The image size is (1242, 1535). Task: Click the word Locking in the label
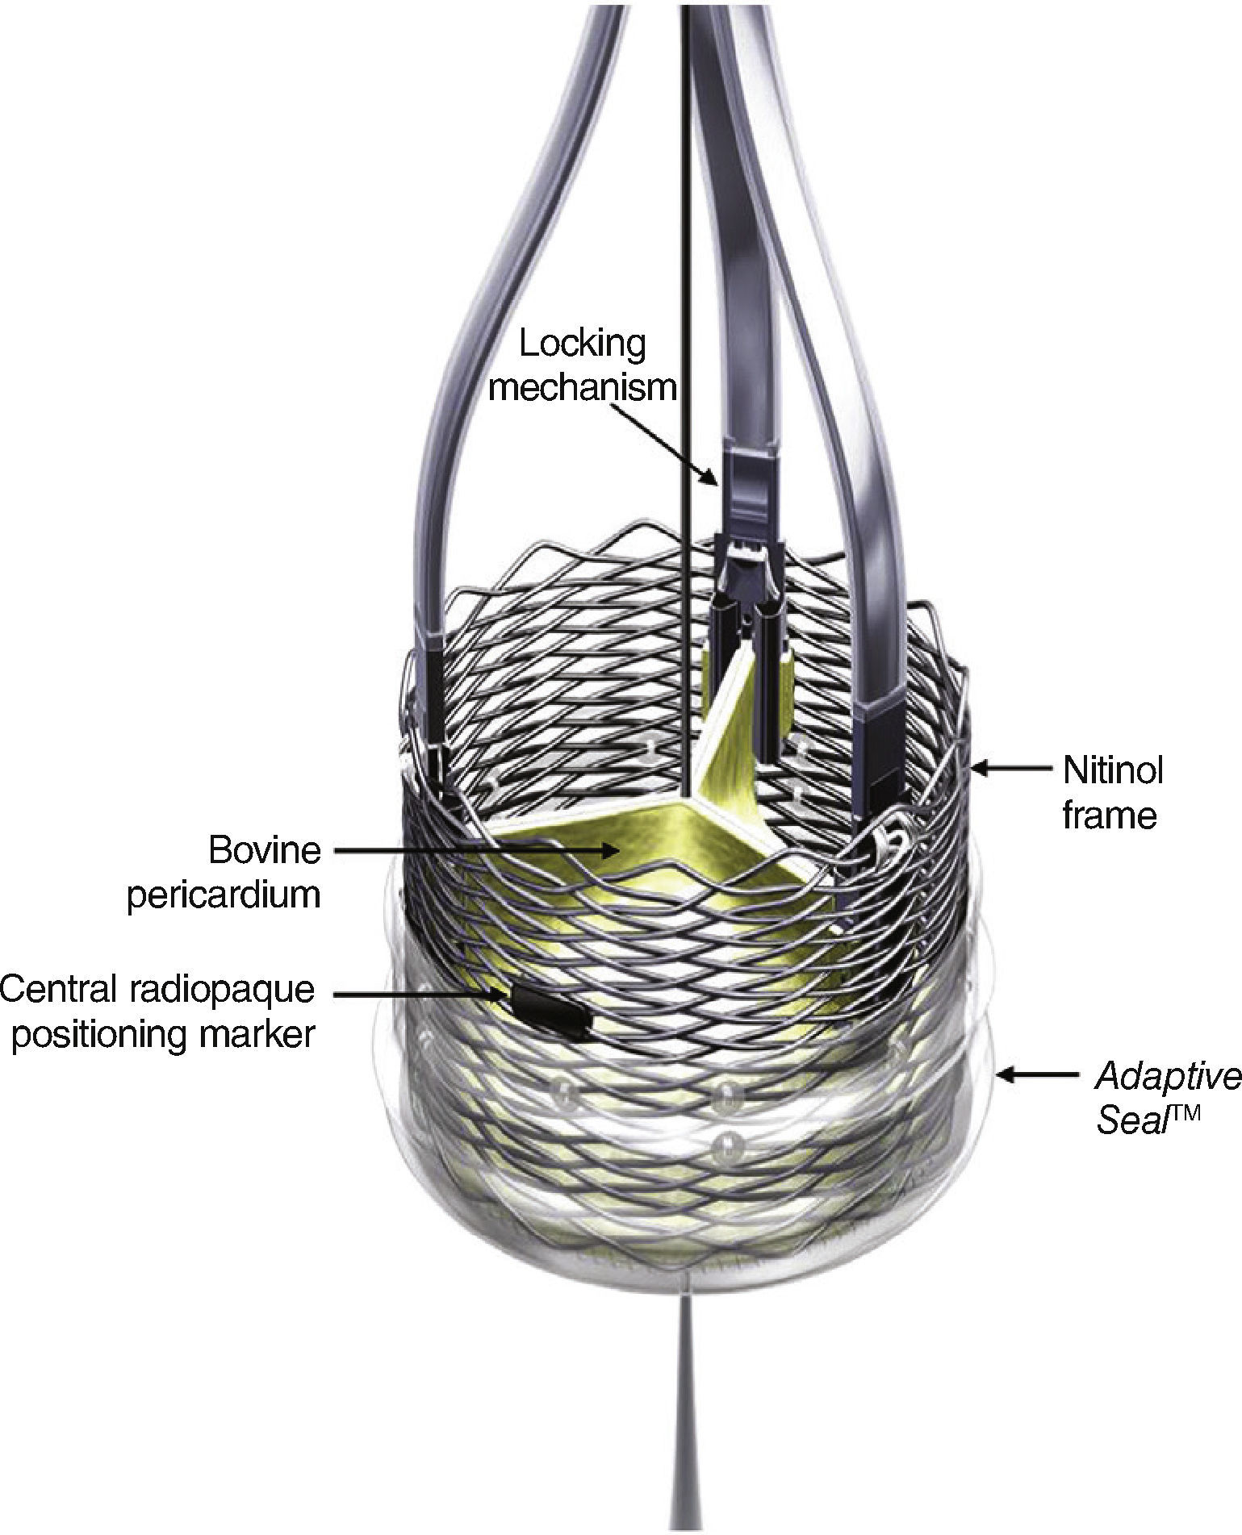(x=582, y=344)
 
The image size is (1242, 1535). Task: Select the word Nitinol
(x=1113, y=770)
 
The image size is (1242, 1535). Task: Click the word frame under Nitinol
(x=1110, y=815)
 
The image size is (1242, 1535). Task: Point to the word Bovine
(x=264, y=849)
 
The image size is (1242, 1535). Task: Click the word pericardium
(x=224, y=895)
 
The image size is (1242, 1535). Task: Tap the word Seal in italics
(x=1131, y=1121)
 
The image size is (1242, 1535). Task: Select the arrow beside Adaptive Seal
(x=1037, y=1075)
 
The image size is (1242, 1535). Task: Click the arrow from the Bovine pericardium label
(x=476, y=849)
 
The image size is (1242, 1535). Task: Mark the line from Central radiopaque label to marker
(x=420, y=994)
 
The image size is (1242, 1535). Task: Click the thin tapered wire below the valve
(x=684, y=1436)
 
